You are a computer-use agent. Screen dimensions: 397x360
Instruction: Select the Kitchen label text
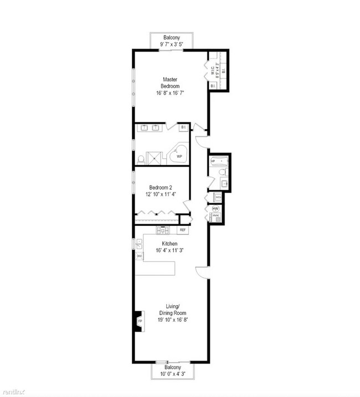click(x=169, y=244)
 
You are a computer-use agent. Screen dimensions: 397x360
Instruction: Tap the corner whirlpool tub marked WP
click(x=179, y=155)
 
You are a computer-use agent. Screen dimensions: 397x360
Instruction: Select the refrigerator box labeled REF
click(x=182, y=229)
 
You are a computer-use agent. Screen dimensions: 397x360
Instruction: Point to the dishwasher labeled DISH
click(x=139, y=256)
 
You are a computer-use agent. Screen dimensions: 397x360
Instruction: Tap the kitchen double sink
click(x=139, y=242)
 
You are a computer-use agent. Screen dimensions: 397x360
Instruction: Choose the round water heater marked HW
click(x=215, y=208)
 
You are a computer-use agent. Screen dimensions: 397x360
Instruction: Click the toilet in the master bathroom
click(x=141, y=159)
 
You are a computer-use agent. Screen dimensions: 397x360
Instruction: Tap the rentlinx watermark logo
click(x=13, y=391)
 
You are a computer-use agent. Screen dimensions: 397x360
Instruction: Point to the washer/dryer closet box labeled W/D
click(x=218, y=197)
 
